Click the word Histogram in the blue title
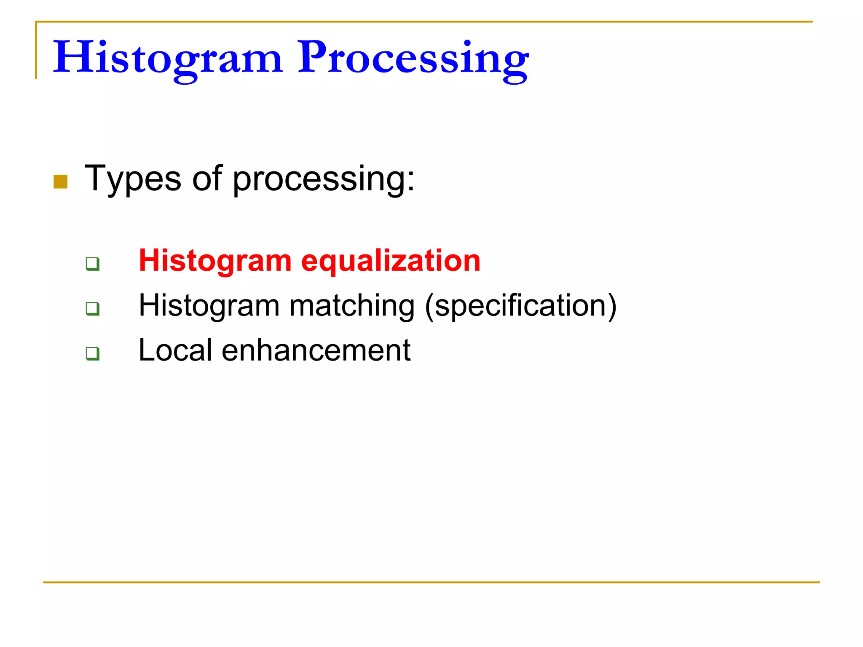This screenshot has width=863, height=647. (167, 58)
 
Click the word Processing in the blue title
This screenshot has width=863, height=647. (413, 58)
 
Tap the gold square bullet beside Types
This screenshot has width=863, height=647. (61, 182)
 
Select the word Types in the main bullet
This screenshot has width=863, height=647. (133, 179)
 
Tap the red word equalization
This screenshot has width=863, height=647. (391, 261)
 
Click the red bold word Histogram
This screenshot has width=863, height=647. (215, 261)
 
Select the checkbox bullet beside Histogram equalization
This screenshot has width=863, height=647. (92, 264)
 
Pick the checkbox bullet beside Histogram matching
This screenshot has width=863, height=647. (92, 308)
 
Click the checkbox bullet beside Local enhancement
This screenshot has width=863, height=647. (92, 353)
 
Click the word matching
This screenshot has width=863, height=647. (352, 306)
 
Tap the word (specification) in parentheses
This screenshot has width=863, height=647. (521, 306)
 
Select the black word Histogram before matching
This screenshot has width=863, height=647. (209, 306)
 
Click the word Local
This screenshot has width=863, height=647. (175, 350)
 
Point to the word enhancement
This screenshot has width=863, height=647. (316, 350)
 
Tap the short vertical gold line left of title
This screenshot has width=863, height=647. (36, 51)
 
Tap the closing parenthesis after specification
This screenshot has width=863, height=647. (612, 306)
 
